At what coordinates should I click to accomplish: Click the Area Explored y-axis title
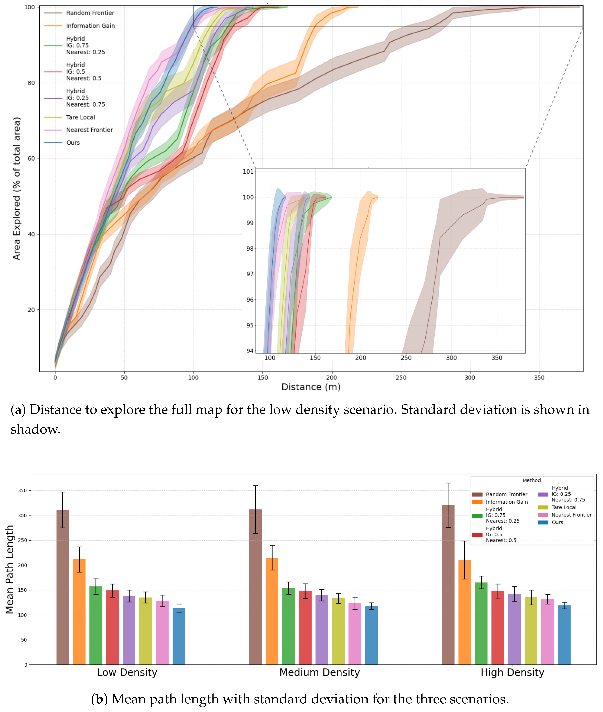point(16,188)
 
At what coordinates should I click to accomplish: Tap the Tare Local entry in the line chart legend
point(80,117)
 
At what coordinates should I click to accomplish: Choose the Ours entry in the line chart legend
point(73,142)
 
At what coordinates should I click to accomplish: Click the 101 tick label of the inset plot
point(248,171)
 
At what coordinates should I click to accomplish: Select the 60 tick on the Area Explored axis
point(31,159)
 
